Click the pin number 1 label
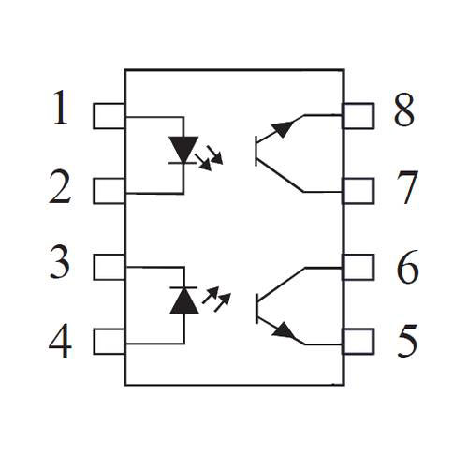[61, 107]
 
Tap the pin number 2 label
[60, 187]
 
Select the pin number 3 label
[60, 262]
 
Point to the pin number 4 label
[60, 341]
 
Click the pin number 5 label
[407, 341]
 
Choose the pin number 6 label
[407, 266]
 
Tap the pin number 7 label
[407, 188]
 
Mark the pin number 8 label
[404, 110]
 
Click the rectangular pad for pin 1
[109, 116]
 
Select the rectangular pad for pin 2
[109, 191]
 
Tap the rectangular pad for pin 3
[109, 267]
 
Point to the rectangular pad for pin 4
[109, 342]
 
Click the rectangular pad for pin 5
[358, 342]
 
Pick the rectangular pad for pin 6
[358, 267]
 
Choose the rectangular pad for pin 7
[358, 191]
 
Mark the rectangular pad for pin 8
[358, 116]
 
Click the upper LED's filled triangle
[183, 148]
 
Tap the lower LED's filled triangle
[184, 302]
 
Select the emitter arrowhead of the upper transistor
[284, 128]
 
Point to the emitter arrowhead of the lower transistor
[284, 330]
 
